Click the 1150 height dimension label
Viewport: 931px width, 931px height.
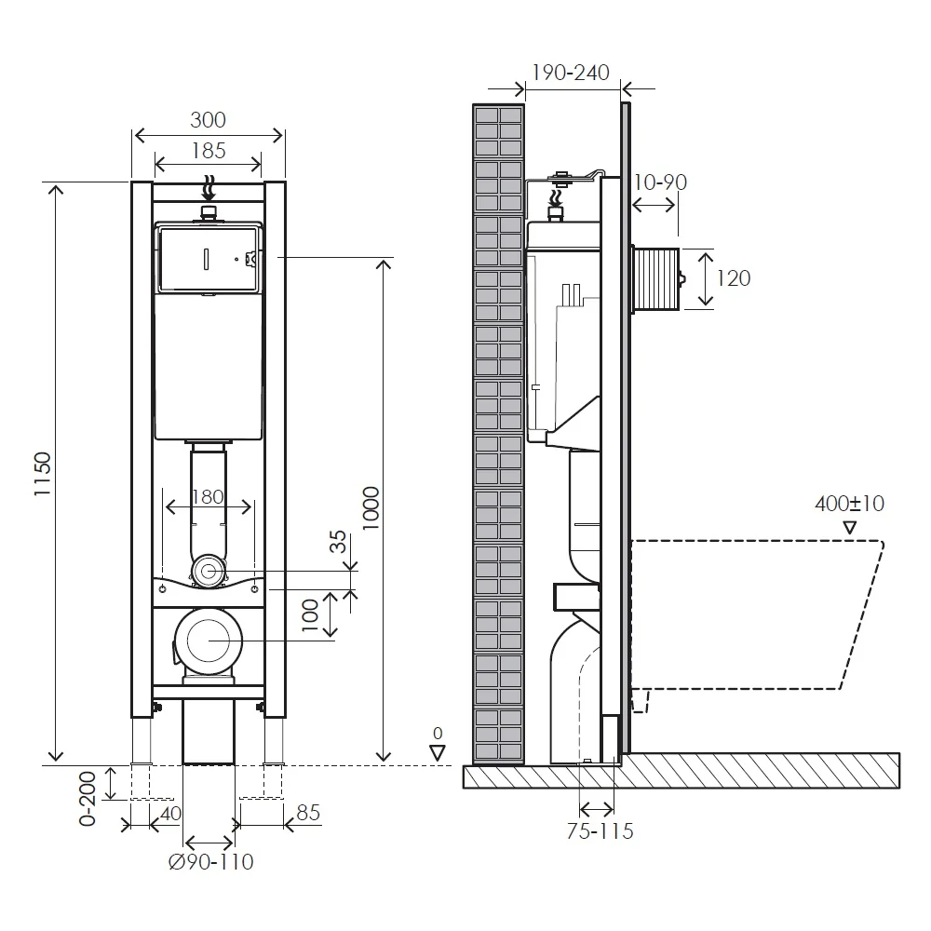[43, 474]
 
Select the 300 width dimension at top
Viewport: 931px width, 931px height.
[208, 120]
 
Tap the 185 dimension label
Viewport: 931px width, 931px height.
[209, 151]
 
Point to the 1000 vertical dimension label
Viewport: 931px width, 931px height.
[371, 507]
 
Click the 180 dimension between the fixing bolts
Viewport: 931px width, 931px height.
[208, 496]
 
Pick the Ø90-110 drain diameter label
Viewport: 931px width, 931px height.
[210, 861]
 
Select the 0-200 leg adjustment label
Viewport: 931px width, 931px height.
[88, 799]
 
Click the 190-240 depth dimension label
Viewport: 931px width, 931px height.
[570, 73]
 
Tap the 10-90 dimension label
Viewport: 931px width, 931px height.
[660, 182]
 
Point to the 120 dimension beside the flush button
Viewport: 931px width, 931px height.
[734, 277]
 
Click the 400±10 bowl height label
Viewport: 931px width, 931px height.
[850, 504]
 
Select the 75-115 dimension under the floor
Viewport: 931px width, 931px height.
[600, 831]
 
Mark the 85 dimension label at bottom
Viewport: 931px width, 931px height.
[308, 812]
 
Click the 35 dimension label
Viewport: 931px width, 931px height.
[338, 542]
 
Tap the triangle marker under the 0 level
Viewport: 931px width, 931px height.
[438, 753]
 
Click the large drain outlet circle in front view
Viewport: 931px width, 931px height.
[209, 641]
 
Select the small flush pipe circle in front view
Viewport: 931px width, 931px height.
[208, 572]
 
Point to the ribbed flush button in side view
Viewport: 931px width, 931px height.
[656, 279]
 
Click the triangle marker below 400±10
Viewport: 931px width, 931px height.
[850, 527]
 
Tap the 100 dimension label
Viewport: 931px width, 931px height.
[311, 615]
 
